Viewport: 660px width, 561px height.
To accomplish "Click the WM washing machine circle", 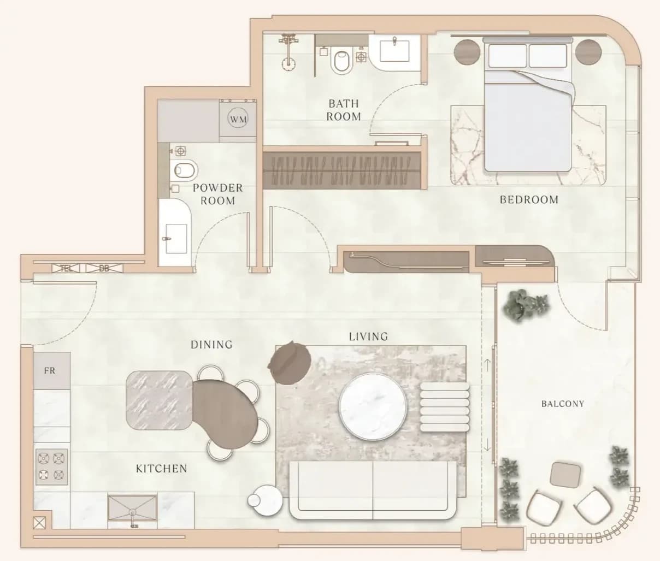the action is (x=238, y=120).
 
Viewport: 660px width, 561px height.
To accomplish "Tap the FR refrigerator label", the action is (x=50, y=371).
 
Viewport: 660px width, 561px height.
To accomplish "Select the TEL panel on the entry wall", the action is (x=67, y=269).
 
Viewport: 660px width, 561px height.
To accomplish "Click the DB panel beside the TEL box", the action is (x=104, y=269).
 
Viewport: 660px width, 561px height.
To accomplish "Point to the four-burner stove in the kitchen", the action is (x=51, y=467).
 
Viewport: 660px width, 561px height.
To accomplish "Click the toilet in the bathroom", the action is (x=342, y=62).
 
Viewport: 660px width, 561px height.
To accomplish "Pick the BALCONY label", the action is (x=563, y=404).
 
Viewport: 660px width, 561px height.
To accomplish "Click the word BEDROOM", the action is (x=529, y=200).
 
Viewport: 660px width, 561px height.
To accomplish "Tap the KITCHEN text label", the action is (x=162, y=469).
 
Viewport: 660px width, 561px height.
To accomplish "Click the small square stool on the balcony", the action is (x=565, y=475).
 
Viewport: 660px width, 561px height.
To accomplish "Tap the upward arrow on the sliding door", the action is (x=487, y=365).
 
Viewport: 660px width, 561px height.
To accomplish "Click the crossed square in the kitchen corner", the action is (x=39, y=523).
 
